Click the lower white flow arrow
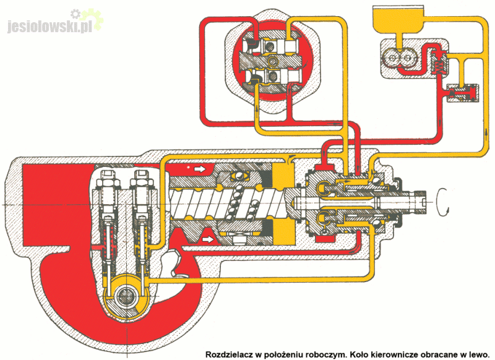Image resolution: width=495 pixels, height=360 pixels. click(209, 237)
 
